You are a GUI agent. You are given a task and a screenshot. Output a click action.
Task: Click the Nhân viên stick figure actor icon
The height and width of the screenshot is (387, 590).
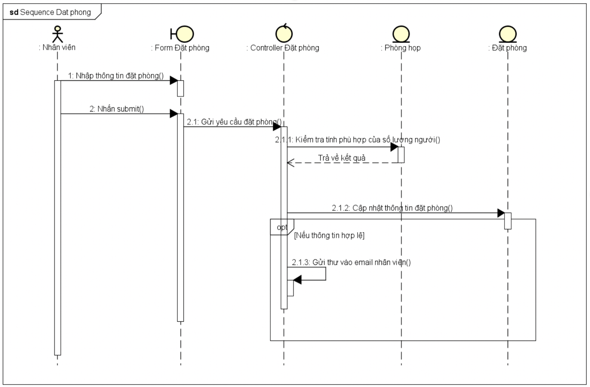(x=57, y=34)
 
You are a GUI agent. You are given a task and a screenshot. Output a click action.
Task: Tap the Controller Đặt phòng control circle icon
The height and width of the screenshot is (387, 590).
(x=284, y=34)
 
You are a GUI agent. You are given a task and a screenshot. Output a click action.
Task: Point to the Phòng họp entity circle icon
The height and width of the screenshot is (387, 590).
(x=401, y=34)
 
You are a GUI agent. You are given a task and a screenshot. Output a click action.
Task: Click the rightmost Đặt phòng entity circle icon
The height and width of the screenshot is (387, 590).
(x=508, y=34)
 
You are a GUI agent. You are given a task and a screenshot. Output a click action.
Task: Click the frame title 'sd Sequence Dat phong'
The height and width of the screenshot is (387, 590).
(x=50, y=12)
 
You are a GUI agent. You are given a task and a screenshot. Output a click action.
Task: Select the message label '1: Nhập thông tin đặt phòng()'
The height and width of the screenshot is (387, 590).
(x=116, y=76)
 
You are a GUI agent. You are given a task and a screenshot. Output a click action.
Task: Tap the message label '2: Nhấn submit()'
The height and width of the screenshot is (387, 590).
(x=117, y=109)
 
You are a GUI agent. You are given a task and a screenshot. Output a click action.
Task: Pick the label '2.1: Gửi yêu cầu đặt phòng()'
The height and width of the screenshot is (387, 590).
(x=234, y=122)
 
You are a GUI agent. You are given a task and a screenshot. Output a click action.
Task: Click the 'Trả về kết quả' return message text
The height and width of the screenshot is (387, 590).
(x=342, y=158)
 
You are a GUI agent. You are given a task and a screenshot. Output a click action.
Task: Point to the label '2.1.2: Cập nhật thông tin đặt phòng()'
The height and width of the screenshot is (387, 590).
(x=392, y=208)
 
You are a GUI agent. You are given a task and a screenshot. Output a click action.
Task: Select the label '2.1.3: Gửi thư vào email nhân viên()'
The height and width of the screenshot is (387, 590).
(x=351, y=263)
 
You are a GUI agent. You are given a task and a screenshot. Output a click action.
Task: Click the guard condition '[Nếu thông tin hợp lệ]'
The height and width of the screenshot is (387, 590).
(x=329, y=235)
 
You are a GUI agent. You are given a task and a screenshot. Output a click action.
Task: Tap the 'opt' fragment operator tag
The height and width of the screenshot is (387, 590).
(x=282, y=227)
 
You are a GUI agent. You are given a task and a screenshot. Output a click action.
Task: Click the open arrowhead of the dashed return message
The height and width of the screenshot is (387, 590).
(x=290, y=163)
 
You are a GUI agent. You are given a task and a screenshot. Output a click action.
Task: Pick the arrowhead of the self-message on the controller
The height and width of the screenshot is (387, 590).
(x=297, y=280)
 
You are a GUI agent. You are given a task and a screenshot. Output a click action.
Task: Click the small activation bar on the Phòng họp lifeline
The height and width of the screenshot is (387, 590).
(x=401, y=155)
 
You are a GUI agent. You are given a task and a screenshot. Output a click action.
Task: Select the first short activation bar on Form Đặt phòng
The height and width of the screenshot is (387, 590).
(x=181, y=88)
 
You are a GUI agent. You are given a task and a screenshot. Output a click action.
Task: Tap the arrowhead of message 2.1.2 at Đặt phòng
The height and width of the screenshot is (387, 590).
(x=501, y=213)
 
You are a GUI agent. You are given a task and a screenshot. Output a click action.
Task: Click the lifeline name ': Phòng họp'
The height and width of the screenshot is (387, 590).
(x=401, y=48)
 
